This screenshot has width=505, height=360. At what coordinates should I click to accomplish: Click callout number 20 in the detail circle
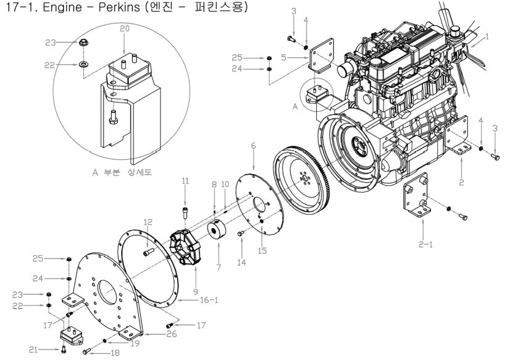tap(124, 29)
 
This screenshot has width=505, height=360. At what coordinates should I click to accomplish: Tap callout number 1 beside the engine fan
tap(487, 36)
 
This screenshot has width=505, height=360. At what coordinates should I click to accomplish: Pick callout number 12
tap(148, 222)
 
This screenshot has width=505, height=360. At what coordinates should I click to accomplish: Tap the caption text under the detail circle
tap(122, 173)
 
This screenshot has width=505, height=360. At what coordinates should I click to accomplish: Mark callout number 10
tap(225, 184)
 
